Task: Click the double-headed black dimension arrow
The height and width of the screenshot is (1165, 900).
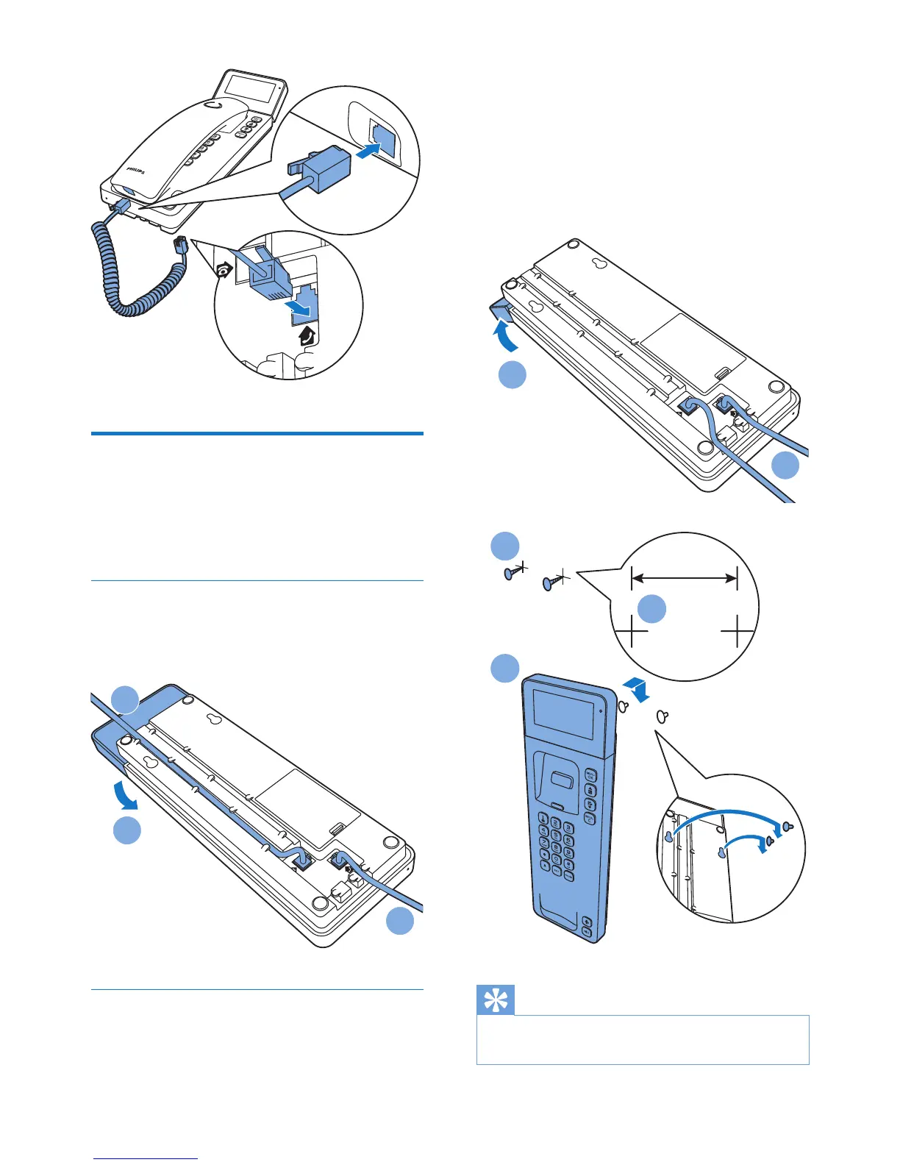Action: (684, 578)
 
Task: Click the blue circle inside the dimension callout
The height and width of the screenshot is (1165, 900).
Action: (651, 608)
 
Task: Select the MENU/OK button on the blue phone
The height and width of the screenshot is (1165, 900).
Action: (590, 775)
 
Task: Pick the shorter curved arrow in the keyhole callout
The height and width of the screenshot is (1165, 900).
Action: (746, 838)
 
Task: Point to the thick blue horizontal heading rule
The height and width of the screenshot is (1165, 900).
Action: (257, 433)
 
